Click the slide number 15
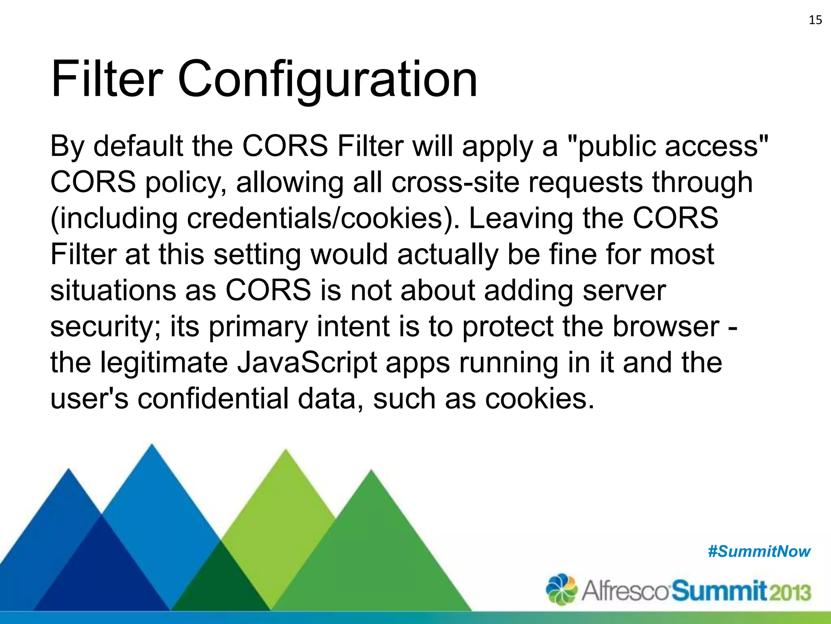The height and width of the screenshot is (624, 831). (x=815, y=20)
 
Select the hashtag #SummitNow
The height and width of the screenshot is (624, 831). (x=759, y=552)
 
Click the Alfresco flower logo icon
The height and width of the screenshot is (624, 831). (x=562, y=589)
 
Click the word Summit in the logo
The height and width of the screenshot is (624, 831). (x=719, y=591)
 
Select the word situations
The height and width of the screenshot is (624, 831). (x=113, y=290)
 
